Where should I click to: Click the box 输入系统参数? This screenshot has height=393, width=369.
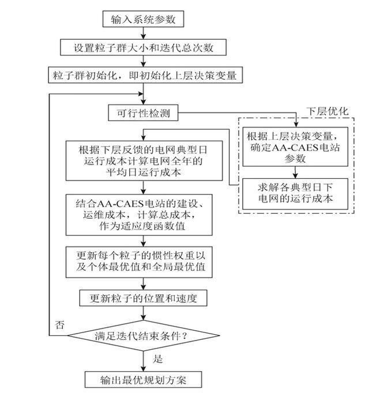pyautogui.click(x=143, y=19)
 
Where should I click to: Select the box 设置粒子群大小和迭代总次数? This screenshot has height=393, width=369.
pyautogui.click(x=142, y=47)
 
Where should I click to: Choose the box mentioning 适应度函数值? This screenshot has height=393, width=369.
pyautogui.click(x=143, y=215)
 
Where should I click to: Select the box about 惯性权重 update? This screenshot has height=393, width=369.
pyautogui.click(x=143, y=262)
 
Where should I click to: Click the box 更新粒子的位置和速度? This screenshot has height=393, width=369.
pyautogui.click(x=143, y=298)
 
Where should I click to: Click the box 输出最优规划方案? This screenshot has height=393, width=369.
pyautogui.click(x=143, y=380)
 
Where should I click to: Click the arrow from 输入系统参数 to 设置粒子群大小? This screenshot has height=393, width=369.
pyautogui.click(x=143, y=33)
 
